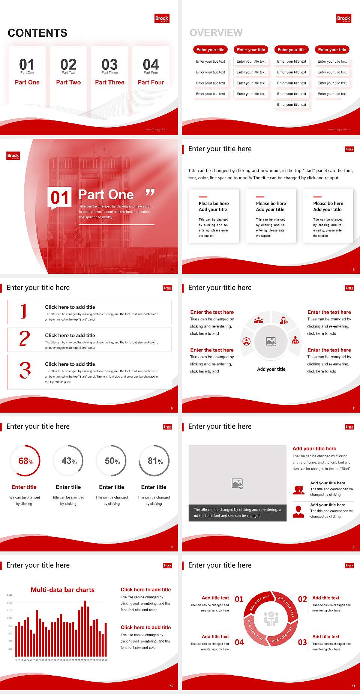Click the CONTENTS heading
point(37,33)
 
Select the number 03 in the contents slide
point(109,65)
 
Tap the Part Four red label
point(151,82)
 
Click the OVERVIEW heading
point(216,33)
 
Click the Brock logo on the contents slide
point(162,18)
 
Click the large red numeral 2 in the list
point(25,339)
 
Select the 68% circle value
point(26,461)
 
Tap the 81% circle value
point(155,461)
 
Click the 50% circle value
point(112,461)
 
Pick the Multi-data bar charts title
point(63,590)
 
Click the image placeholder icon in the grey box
point(238,484)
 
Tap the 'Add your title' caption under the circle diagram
point(271,369)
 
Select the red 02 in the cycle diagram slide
point(302,599)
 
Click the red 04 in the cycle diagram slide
point(239,642)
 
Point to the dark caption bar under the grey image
point(237,512)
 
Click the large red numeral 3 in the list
point(25,370)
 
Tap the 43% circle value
point(69,461)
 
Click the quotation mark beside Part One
point(150,193)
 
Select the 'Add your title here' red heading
point(314,448)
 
